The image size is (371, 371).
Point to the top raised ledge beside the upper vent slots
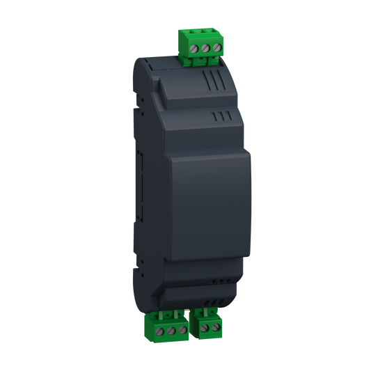174,90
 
